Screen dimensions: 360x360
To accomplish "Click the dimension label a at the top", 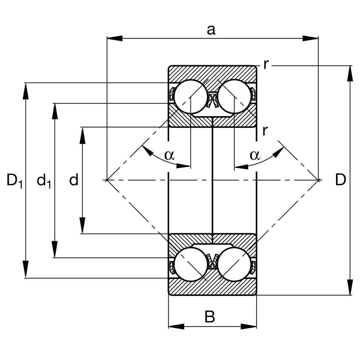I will coord(211,30).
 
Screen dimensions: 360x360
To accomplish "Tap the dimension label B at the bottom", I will coord(210,317).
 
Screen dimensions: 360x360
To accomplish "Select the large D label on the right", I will coord(340,180).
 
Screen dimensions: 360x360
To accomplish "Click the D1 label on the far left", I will coord(14,181).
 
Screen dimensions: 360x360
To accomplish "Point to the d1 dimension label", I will coord(43,181).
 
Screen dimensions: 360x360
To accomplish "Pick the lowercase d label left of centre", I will coord(74,180).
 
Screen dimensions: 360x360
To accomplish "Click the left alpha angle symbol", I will coord(169,155).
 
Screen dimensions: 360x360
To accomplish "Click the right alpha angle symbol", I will coord(254,155).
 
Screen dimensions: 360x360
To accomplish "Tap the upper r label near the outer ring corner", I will coord(265,64).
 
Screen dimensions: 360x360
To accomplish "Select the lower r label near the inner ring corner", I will coord(264,130).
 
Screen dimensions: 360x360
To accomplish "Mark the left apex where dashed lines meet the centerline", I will coord(107,180).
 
